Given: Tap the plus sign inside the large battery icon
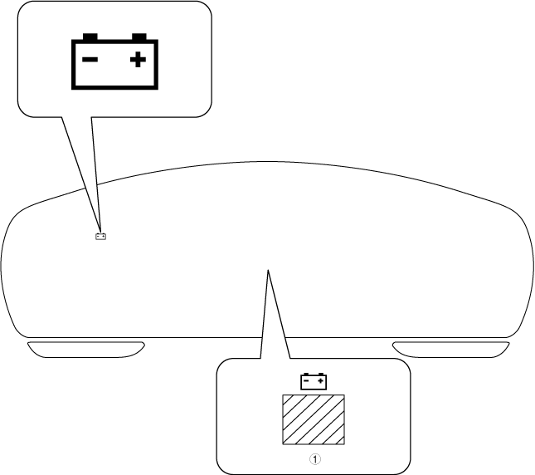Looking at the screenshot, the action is coord(138,61).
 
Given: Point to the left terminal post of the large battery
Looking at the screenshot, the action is coord(90,37).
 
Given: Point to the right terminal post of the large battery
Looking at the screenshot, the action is coord(139,37).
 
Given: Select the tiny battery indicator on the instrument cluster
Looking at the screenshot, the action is coord(100,237).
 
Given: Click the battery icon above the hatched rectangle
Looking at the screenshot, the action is coord(314,382).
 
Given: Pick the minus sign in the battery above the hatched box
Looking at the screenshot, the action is coord(308,382).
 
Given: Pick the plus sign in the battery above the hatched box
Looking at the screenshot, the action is coord(320,382).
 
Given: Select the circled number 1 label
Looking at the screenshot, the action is coord(314,458).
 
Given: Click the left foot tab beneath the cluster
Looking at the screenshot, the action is coord(86,350).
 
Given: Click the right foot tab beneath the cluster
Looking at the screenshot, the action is coord(450,350).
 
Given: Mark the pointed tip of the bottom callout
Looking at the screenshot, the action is coord(267,271).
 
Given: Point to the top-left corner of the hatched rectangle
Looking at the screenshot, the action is coord(283,395).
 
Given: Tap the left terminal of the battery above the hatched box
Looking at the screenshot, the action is coord(306,375).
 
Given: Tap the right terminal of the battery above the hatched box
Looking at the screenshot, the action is coord(321,375).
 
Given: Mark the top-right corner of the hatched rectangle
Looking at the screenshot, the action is coord(345,395).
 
